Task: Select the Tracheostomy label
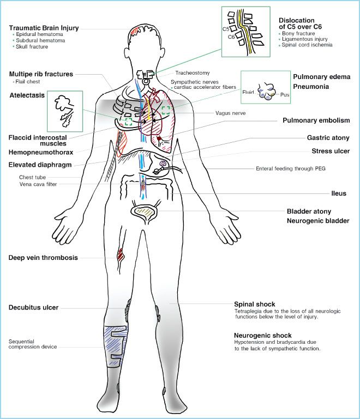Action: tap(193, 72)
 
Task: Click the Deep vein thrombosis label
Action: tap(43, 258)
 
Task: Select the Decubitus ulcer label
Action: tap(33, 308)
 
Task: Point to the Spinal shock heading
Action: tap(254, 303)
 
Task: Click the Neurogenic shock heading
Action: tap(262, 335)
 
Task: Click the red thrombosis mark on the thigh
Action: tap(121, 253)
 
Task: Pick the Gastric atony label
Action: tap(327, 138)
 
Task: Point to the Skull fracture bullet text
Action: tap(32, 47)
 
